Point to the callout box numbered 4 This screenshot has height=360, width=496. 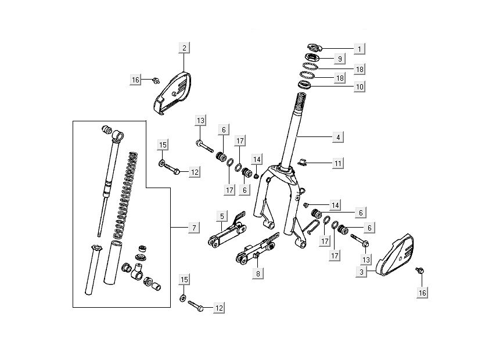pyautogui.click(x=337, y=138)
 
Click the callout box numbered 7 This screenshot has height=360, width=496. pyautogui.click(x=193, y=228)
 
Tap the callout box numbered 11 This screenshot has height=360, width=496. pyautogui.click(x=337, y=163)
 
